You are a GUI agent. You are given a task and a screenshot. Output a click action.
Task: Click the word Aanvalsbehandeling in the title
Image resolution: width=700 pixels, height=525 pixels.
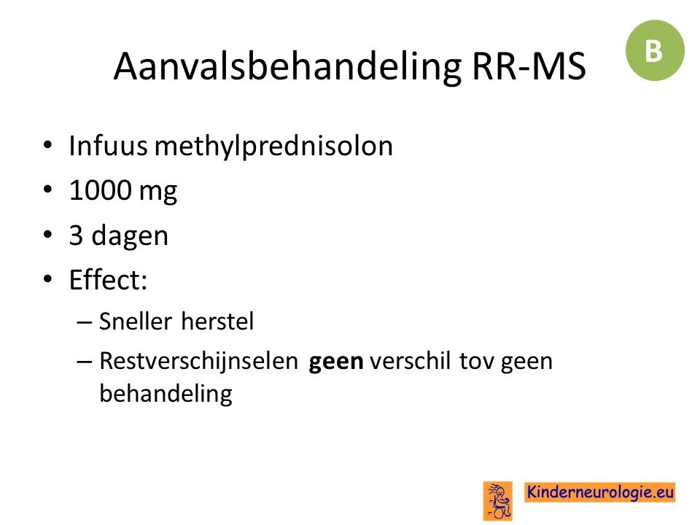(287, 66)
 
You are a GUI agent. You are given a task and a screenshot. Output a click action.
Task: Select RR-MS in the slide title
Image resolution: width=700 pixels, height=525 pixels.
(529, 66)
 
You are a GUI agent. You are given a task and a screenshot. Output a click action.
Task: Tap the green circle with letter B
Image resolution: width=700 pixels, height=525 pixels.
(655, 50)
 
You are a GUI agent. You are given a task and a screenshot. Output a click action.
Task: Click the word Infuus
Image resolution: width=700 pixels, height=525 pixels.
(108, 145)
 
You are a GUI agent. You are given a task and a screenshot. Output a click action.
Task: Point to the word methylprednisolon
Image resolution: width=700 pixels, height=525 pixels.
(273, 147)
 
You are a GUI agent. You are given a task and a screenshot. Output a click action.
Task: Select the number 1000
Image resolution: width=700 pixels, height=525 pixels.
(101, 190)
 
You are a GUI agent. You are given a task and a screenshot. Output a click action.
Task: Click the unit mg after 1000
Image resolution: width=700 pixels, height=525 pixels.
(158, 192)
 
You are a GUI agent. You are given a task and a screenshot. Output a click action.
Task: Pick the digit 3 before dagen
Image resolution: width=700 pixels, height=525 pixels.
(76, 235)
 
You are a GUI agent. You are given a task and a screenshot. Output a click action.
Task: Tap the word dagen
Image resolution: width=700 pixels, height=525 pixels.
(130, 236)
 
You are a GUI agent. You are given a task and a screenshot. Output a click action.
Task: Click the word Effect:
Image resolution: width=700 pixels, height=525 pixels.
(108, 280)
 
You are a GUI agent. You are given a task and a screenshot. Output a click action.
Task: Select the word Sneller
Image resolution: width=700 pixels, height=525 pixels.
(136, 321)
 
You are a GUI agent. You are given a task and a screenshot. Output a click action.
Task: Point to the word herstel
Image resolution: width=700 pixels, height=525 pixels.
(217, 321)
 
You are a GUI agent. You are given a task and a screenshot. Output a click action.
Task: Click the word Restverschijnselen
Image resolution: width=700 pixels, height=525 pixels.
(198, 361)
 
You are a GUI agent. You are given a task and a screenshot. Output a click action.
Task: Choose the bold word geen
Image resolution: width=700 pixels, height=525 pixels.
(335, 362)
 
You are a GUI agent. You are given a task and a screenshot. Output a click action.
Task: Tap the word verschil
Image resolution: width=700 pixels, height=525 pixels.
(411, 361)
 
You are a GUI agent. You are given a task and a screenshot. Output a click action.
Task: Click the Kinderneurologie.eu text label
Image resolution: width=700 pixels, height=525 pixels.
(599, 492)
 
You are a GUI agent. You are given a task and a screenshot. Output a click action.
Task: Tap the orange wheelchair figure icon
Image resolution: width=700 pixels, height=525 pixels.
(497, 501)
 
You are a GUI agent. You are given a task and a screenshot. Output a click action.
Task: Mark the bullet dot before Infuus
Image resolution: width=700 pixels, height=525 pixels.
(48, 145)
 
